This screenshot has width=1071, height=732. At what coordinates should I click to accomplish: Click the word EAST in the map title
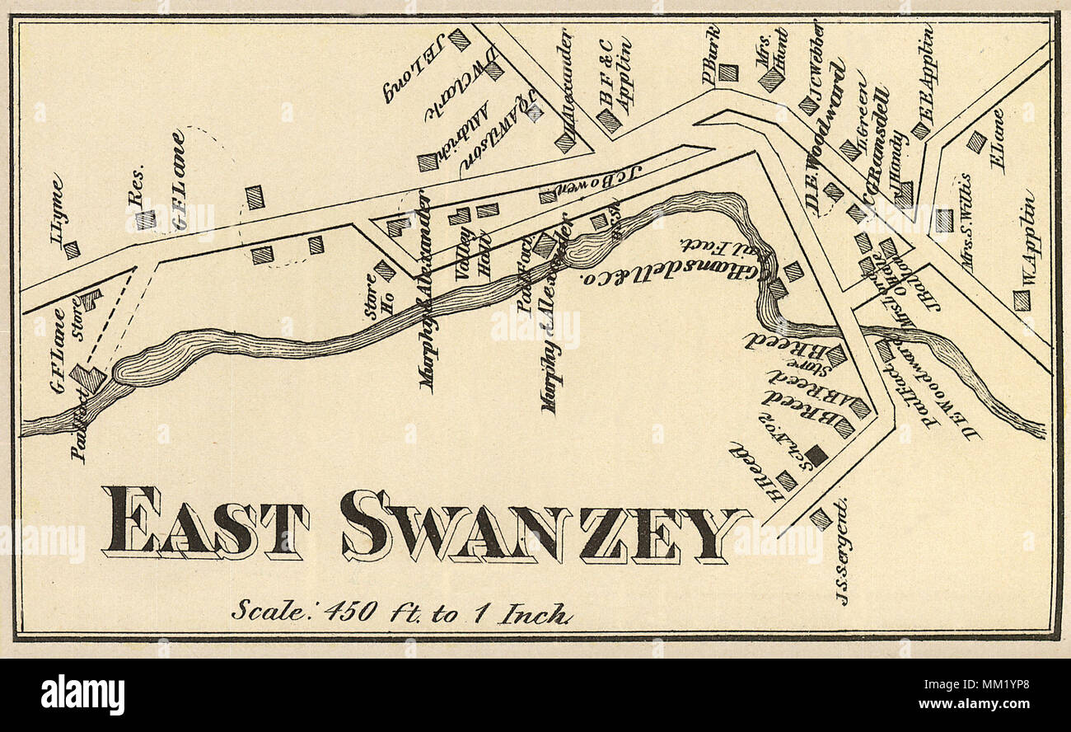204,523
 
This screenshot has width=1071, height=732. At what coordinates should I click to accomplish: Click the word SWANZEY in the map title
544,526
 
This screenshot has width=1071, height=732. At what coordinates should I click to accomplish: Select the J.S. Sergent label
842,551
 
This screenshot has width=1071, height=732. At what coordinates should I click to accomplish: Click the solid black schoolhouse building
816,455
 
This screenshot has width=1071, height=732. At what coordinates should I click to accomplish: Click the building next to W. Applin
1021,300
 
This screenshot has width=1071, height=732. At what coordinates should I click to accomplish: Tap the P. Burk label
711,54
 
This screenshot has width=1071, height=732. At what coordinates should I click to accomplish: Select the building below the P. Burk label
727,73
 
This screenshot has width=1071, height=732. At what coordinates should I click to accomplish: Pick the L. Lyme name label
56,209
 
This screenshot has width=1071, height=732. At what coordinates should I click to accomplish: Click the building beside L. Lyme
72,249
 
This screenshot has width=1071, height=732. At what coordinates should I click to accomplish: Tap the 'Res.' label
138,184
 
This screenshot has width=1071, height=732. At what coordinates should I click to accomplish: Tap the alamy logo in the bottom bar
82,695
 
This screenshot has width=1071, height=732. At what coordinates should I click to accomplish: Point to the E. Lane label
999,140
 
